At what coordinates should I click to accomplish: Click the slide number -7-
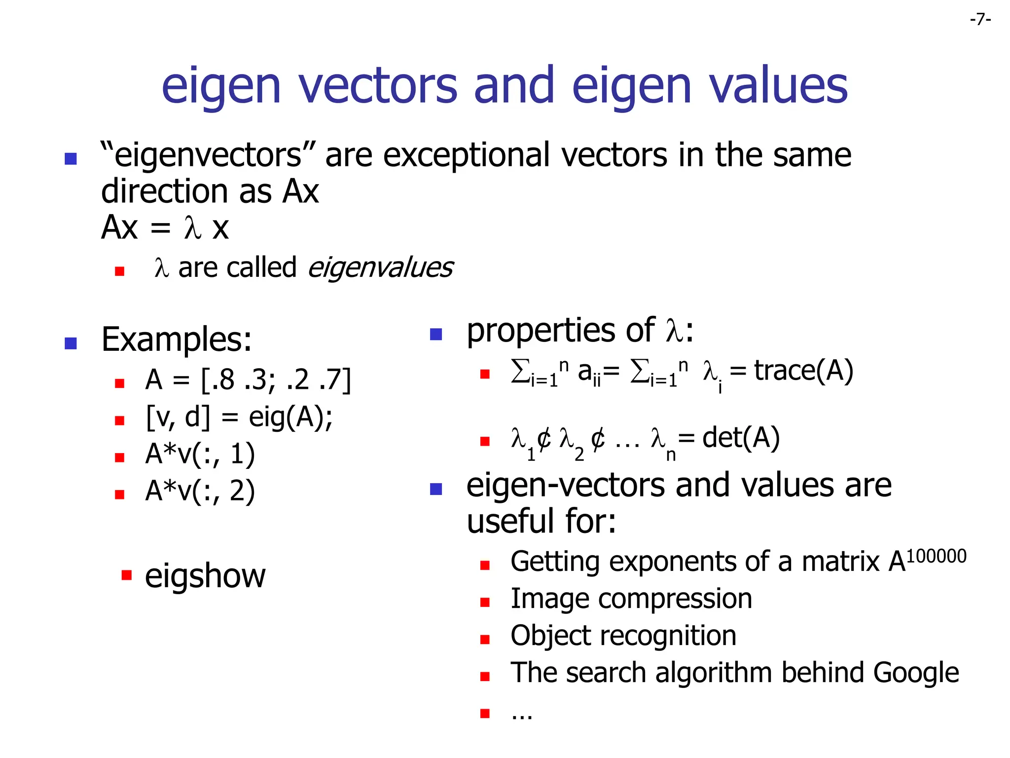(x=980, y=20)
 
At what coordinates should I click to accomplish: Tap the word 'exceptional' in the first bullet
(x=467, y=155)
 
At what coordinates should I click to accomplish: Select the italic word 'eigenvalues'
(x=380, y=267)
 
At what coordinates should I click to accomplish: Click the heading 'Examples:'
(x=177, y=340)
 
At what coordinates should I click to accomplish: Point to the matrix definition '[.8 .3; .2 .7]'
(x=276, y=380)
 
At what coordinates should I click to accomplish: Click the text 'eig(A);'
(x=290, y=417)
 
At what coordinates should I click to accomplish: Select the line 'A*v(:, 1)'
(x=200, y=454)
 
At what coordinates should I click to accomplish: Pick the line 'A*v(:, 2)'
(x=200, y=491)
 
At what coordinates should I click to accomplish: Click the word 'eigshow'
(x=205, y=576)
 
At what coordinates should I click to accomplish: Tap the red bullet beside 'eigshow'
(x=127, y=575)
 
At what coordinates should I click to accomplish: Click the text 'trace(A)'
(x=803, y=371)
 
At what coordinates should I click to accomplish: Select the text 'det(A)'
(x=741, y=438)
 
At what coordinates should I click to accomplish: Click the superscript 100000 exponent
(x=936, y=556)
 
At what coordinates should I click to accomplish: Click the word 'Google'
(x=916, y=673)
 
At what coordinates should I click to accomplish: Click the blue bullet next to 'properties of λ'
(x=436, y=335)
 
